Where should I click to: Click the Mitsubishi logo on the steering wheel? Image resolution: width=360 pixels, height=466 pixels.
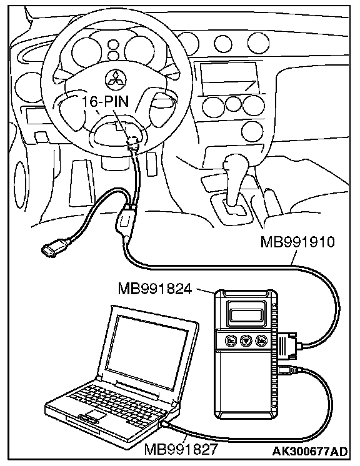116,80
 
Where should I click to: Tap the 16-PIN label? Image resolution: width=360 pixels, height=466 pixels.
106,102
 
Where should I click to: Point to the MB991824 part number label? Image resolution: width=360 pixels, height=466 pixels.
155,288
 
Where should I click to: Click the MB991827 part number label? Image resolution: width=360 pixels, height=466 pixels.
181,449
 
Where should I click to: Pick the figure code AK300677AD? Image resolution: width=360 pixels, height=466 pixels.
310,452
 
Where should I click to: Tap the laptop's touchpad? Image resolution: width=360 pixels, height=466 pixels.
95,414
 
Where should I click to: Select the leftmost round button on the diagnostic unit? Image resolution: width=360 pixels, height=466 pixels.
231,340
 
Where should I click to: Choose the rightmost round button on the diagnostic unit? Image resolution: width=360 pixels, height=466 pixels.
261,340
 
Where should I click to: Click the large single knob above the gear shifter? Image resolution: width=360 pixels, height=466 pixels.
252,131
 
